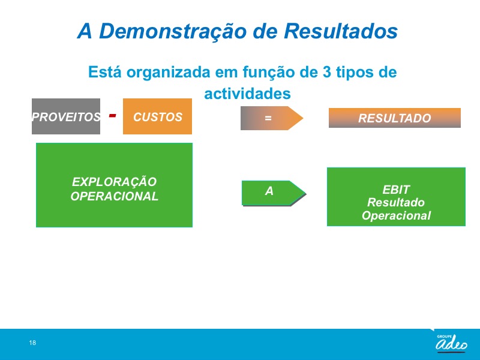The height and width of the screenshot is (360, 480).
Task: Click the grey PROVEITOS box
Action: pos(66,116)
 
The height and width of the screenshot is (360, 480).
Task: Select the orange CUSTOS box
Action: pos(157,116)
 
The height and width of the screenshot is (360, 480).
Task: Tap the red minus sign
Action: pos(113,115)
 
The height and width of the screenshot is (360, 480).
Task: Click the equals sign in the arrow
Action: pos(268,118)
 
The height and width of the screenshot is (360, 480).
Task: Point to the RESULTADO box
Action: pos(395,118)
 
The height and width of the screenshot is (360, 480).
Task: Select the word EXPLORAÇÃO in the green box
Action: pos(114,182)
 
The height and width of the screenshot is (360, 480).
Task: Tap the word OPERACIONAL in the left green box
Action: pos(114,196)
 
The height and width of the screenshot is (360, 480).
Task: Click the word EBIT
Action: pos(396,190)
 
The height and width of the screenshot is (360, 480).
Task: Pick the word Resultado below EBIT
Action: pos(396,202)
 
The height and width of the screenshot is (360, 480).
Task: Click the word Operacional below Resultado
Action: pos(396,215)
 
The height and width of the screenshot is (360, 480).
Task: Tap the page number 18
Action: pos(32,343)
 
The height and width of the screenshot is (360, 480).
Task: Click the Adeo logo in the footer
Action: pos(452,343)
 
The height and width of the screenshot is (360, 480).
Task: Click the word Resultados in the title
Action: pos(341,31)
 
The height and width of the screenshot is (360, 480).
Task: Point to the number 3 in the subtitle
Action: pos(326,72)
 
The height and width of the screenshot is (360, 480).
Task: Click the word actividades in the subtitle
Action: pos(247,94)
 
